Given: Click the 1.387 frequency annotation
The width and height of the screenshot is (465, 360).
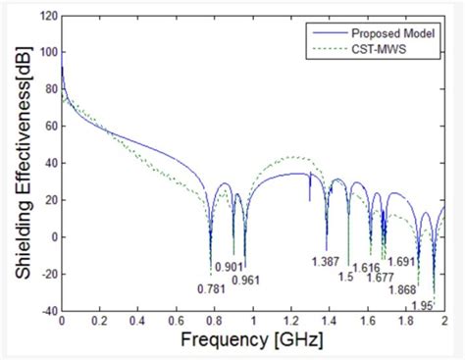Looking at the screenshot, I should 326,260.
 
